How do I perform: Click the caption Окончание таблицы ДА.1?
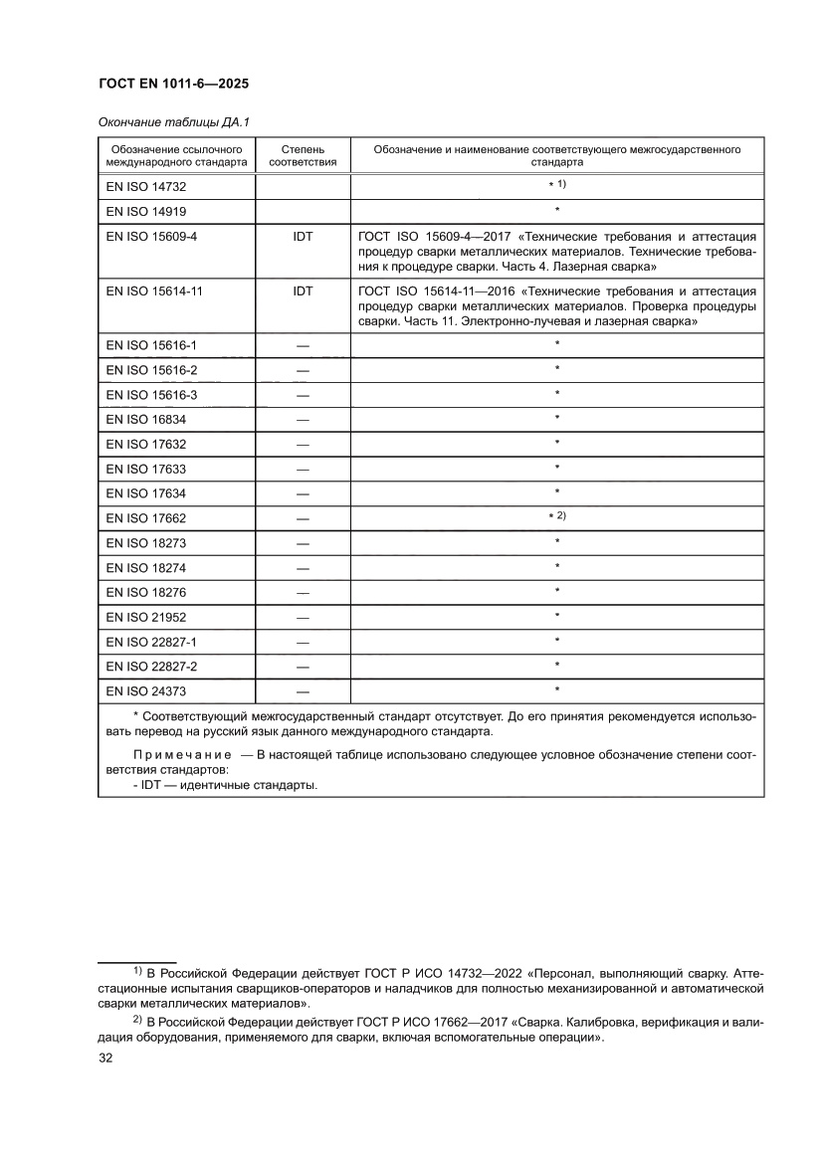tap(173, 122)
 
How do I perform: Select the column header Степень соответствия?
tap(303, 154)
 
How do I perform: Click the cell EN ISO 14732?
tap(145, 186)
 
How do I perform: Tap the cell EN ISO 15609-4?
tap(152, 236)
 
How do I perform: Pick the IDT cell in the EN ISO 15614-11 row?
tap(303, 291)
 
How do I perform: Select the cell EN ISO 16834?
tap(145, 420)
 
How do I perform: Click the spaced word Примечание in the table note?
tap(182, 755)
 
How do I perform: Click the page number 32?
tap(105, 1059)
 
